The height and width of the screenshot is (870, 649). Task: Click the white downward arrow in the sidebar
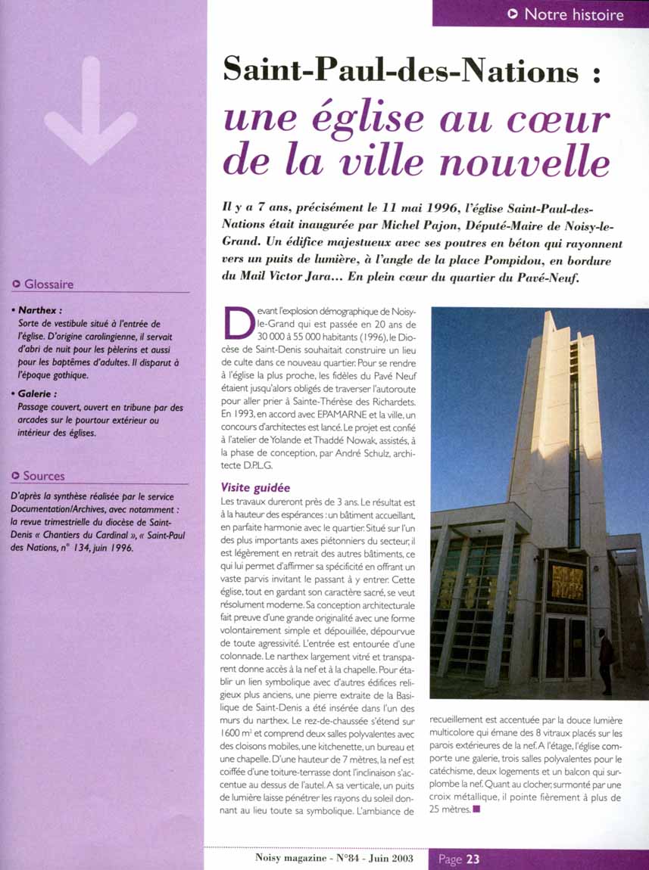(90, 113)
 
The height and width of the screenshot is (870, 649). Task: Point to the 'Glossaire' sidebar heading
(48, 284)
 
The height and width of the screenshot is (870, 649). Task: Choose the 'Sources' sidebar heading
(44, 476)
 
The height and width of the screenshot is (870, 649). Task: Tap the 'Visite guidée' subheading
(255, 488)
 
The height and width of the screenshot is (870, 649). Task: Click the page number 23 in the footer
(473, 859)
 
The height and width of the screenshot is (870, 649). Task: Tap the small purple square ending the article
(476, 810)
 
